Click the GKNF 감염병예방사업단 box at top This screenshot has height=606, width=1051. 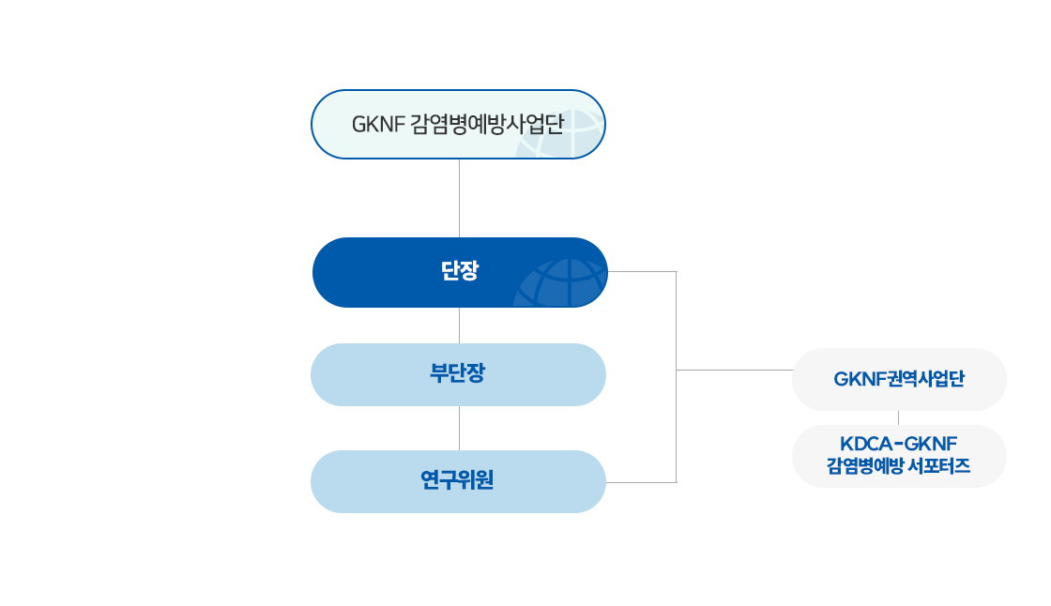point(458,124)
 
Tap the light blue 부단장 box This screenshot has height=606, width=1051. point(459,375)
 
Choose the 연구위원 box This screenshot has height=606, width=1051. point(459,481)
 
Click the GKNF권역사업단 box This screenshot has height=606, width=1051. point(898,380)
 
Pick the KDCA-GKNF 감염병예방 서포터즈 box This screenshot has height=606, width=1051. point(898,455)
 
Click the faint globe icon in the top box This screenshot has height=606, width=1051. point(577,131)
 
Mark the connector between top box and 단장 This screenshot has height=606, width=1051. point(459,197)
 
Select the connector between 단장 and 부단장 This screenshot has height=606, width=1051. point(459,325)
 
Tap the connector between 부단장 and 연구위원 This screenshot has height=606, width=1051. point(459,429)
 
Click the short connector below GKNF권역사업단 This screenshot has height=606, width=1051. point(899,417)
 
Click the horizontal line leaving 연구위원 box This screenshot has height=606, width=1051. point(642,482)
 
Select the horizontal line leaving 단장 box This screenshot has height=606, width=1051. point(642,272)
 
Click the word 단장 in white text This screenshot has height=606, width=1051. point(459,272)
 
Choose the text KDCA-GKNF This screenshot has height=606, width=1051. point(898,444)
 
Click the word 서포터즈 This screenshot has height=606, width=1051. point(938,466)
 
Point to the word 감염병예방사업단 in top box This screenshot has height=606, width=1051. point(487,124)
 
